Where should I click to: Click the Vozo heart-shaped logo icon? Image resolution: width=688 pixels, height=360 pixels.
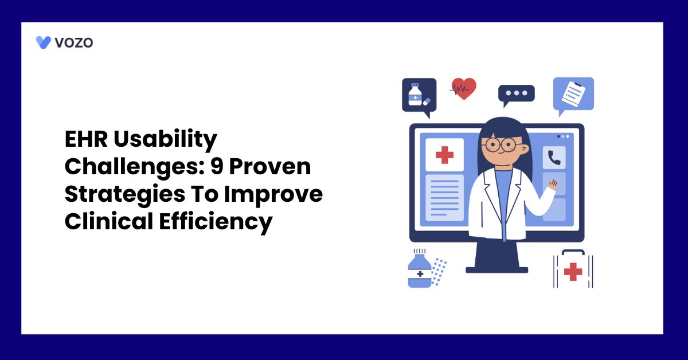[44, 42]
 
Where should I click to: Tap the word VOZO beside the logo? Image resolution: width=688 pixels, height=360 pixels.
[73, 42]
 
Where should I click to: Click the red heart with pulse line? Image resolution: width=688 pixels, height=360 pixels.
[463, 88]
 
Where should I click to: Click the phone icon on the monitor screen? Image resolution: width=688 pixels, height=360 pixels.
[554, 158]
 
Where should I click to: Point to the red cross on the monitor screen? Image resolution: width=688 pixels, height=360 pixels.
[444, 155]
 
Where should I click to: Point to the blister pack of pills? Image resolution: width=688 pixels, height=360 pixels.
[439, 271]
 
